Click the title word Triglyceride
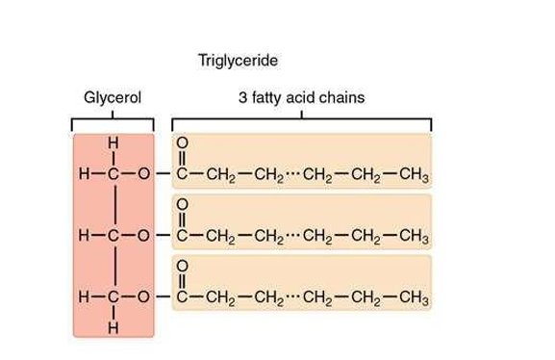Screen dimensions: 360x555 click(238, 61)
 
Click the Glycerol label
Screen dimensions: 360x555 click(113, 98)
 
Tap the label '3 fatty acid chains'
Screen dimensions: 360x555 click(301, 98)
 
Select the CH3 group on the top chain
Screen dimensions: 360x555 click(412, 175)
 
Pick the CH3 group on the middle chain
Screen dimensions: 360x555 click(412, 236)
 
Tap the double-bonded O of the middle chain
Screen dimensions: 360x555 click(183, 206)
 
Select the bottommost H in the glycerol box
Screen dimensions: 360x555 click(114, 326)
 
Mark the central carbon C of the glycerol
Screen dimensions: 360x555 click(114, 236)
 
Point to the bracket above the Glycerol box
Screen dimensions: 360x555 click(113, 122)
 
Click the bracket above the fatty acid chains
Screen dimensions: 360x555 click(301, 120)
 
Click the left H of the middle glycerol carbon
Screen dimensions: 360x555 click(86, 236)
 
